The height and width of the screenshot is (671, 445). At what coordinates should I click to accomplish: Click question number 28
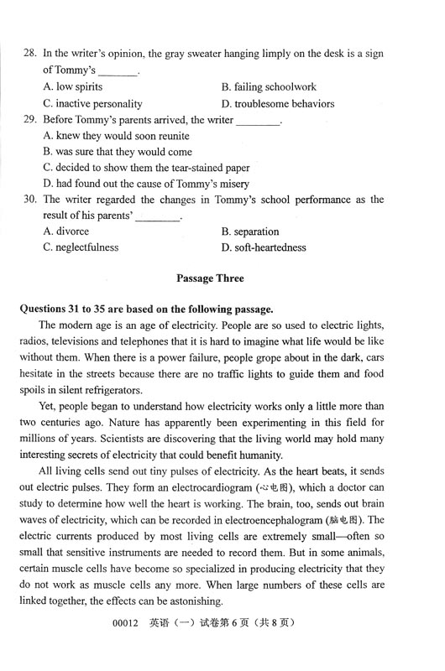click(x=29, y=54)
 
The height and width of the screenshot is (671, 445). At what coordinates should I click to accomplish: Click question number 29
click(x=29, y=120)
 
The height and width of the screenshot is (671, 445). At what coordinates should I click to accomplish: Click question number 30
click(x=29, y=200)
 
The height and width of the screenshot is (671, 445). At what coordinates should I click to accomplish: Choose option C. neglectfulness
click(x=81, y=247)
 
